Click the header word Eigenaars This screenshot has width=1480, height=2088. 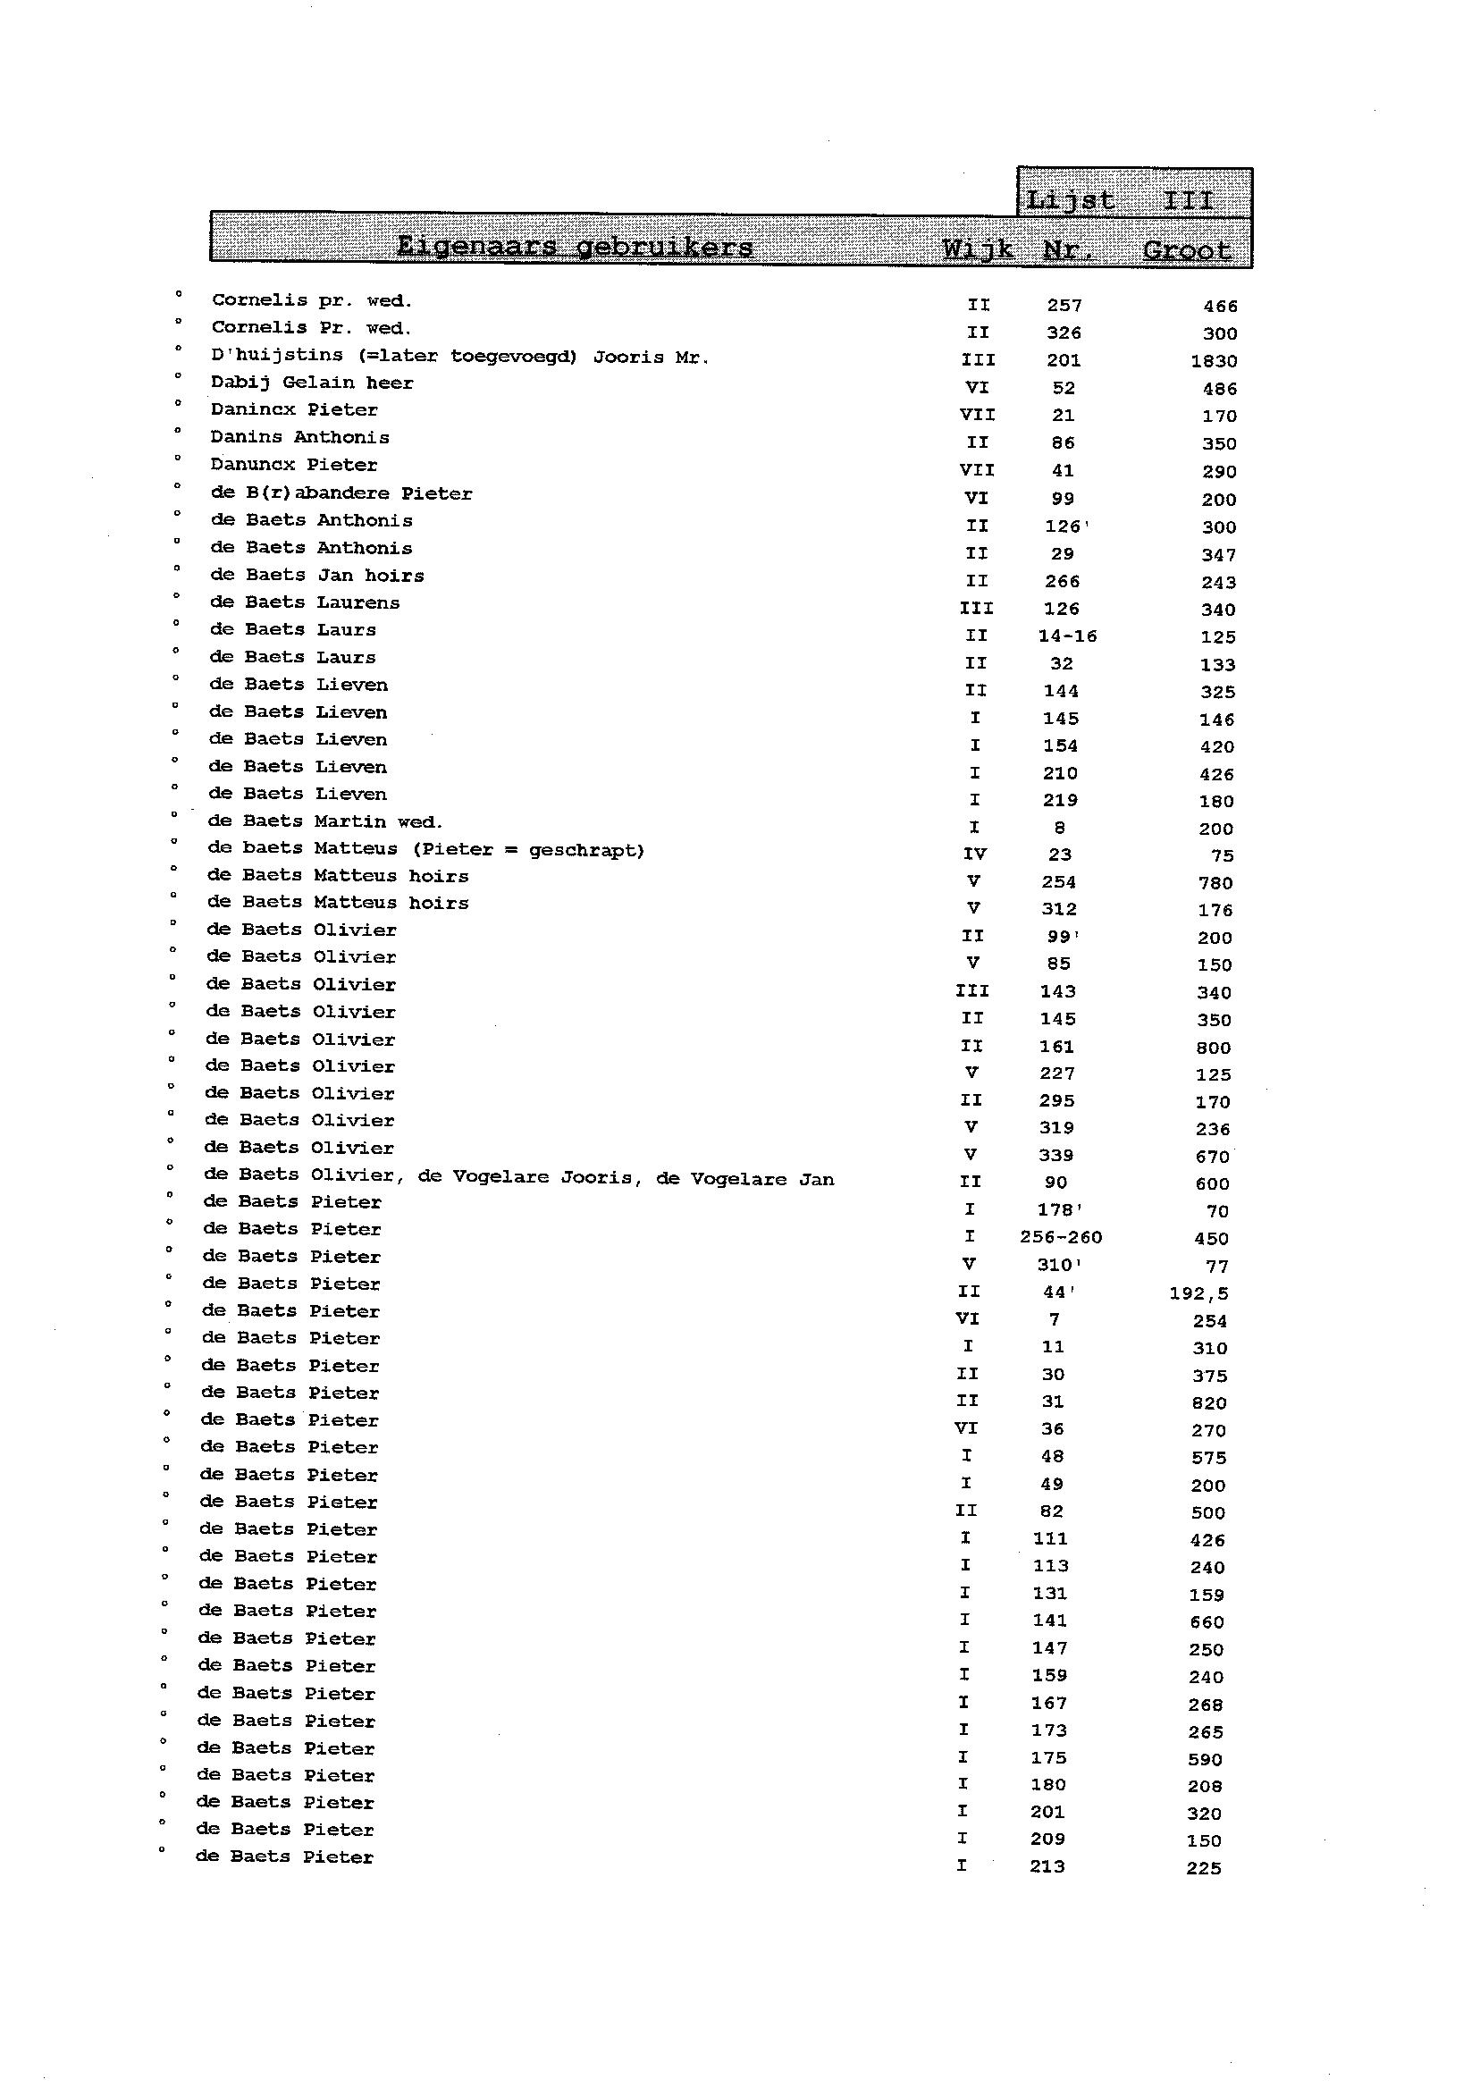click(x=474, y=246)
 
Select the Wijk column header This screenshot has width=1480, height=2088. click(x=978, y=248)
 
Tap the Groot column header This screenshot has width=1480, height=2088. click(x=1187, y=249)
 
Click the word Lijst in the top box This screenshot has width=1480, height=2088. click(x=1070, y=199)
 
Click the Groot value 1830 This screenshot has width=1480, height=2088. click(x=1214, y=361)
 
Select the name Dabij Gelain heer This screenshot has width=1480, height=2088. click(x=312, y=383)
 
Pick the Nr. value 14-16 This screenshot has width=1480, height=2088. click(x=1067, y=636)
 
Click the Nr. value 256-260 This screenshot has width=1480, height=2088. click(x=1061, y=1237)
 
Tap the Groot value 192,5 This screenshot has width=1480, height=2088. click(x=1198, y=1292)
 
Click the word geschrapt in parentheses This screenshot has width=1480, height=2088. click(x=585, y=850)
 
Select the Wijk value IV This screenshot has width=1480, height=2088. click(x=974, y=854)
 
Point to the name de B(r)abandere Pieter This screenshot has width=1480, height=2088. click(x=341, y=493)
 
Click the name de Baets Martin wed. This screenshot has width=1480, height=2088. click(x=325, y=821)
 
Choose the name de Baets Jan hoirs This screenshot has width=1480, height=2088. click(x=317, y=575)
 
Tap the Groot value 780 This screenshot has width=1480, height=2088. click(x=1215, y=882)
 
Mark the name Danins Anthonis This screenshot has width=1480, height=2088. click(x=299, y=437)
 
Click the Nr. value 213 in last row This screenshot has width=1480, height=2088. click(x=1047, y=1866)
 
